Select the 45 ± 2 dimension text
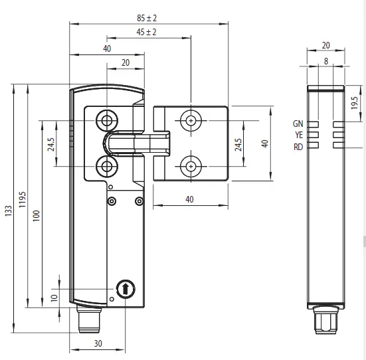tap(146, 33)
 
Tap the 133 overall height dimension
tap(8, 210)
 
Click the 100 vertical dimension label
tap(37, 217)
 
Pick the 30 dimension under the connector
tap(98, 343)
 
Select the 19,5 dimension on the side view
tap(355, 102)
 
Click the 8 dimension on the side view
tap(325, 61)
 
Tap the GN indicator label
tap(298, 124)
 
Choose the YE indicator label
tap(298, 135)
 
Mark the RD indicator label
tap(298, 146)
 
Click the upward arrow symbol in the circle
tap(124, 289)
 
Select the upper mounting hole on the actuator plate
tap(191, 120)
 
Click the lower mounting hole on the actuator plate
tap(191, 165)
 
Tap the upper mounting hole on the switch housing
tap(106, 120)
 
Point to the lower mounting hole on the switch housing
tap(106, 165)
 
